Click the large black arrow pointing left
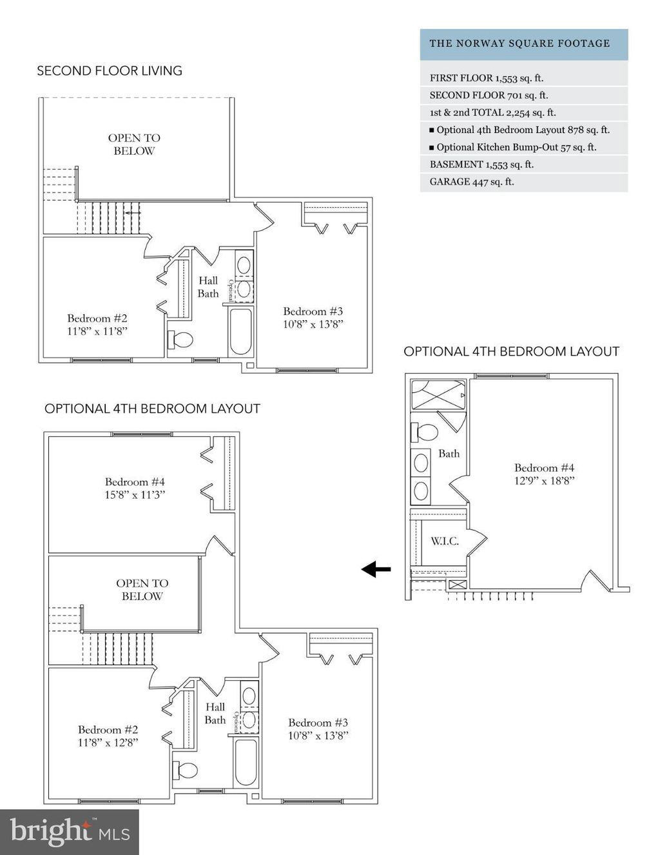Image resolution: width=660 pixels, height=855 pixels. coord(376,569)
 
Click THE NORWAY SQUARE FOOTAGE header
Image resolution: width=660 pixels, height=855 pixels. coord(519,44)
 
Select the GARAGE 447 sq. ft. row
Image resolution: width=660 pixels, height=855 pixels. coord(472,182)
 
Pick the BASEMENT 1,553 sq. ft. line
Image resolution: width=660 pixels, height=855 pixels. coord(481,165)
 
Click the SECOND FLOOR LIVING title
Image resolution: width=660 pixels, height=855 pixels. coord(110,71)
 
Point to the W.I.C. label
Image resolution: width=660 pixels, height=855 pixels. coord(445,541)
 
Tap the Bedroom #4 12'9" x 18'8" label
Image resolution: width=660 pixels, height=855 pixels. coord(544,474)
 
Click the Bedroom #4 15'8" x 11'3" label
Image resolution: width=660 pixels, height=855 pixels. coord(135,488)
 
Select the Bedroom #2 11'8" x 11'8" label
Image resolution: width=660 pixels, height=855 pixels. coord(97,325)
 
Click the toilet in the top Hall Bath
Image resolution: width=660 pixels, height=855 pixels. coord(181,339)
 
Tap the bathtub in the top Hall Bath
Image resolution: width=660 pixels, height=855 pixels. coord(240,332)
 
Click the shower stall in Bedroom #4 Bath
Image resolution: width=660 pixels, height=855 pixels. coord(438,395)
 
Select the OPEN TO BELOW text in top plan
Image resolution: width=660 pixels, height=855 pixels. coord(134,145)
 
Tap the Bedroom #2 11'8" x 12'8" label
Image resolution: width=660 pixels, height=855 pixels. coord(108,736)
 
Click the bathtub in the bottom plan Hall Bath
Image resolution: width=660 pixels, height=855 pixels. coord(246,761)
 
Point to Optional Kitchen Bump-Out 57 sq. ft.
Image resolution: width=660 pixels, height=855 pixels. coord(516,147)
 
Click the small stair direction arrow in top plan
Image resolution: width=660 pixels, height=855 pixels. coord(132,212)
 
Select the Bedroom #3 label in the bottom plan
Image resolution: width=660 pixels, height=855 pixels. coord(318,729)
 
